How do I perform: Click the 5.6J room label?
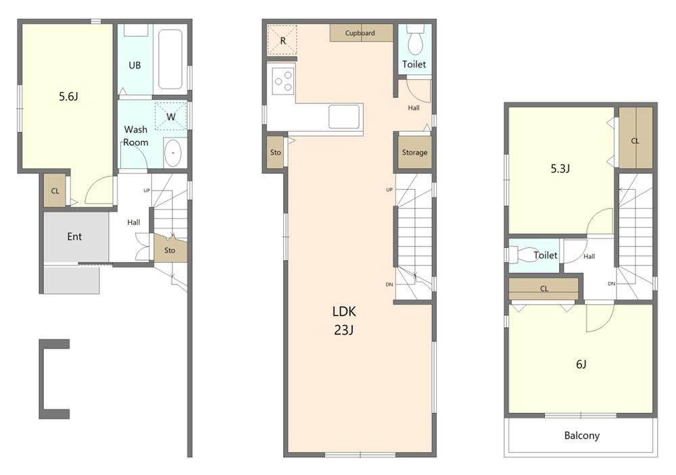pyautogui.click(x=68, y=96)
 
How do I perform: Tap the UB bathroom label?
pyautogui.click(x=135, y=66)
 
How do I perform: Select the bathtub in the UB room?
pyautogui.click(x=170, y=59)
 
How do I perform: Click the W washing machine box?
pyautogui.click(x=171, y=116)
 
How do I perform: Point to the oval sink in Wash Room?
pyautogui.click(x=173, y=153)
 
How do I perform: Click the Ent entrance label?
pyautogui.click(x=74, y=236)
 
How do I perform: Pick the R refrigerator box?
pyautogui.click(x=283, y=41)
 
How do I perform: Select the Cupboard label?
pyautogui.click(x=360, y=32)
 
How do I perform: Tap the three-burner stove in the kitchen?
pyautogui.click(x=283, y=81)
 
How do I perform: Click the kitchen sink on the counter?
pyautogui.click(x=344, y=117)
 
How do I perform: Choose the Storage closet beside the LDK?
pyautogui.click(x=415, y=152)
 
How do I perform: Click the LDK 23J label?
pyautogui.click(x=344, y=321)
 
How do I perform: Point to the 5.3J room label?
pyautogui.click(x=560, y=168)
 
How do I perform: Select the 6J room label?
pyautogui.click(x=581, y=365)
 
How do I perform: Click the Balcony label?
pyautogui.click(x=581, y=436)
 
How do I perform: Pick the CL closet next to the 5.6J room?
pyautogui.click(x=55, y=191)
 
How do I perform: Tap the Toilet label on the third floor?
pyautogui.click(x=546, y=255)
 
